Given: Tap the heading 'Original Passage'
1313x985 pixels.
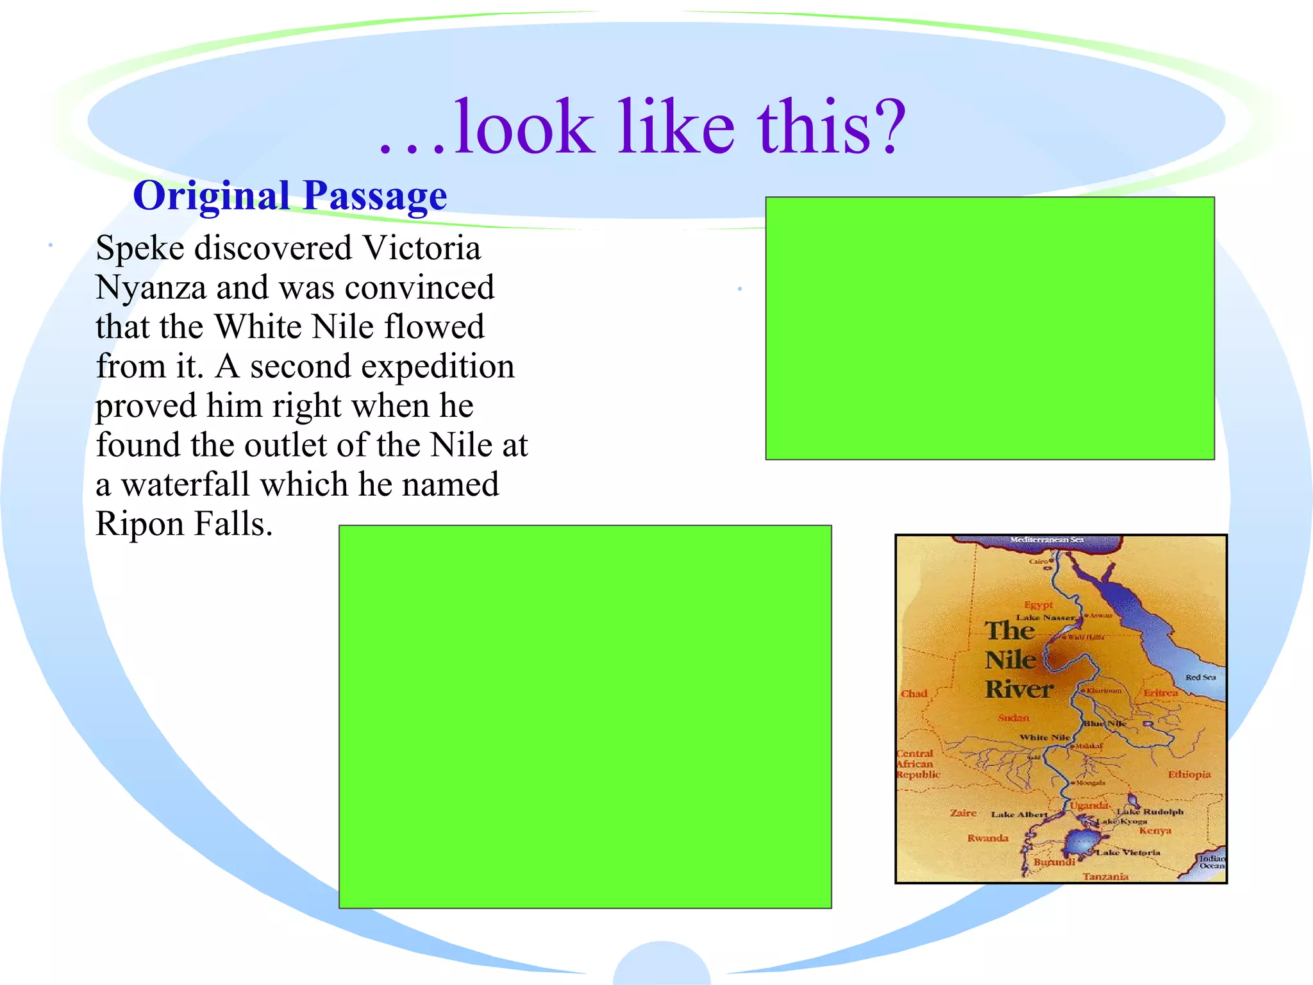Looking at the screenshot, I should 290,196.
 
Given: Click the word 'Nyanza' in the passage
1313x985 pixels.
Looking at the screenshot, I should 151,288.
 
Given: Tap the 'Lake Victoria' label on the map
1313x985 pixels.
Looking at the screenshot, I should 1128,852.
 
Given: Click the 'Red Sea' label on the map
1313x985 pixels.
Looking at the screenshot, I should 1200,677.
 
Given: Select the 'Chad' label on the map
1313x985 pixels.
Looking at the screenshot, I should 914,693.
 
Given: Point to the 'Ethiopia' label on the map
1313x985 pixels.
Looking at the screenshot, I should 1189,775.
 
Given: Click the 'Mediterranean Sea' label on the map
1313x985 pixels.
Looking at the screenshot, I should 1047,540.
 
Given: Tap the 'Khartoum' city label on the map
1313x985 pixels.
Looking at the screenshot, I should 1104,691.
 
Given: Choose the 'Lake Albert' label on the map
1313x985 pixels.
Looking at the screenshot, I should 1019,814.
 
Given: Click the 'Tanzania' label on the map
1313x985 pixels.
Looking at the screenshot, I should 1105,876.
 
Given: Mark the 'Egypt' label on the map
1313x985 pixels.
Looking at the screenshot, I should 1039,605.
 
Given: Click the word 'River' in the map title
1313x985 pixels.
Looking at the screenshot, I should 1019,689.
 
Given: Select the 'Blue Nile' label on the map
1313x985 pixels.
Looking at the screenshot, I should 1105,723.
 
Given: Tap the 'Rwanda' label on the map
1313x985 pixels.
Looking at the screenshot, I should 988,838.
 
